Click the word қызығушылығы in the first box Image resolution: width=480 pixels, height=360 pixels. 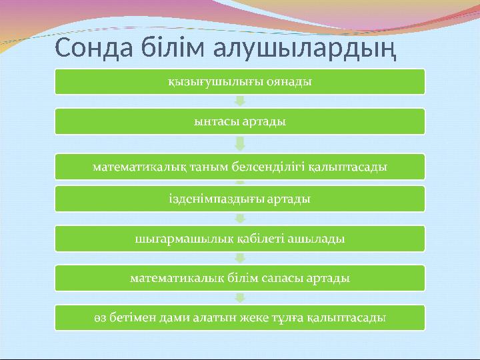(214, 82)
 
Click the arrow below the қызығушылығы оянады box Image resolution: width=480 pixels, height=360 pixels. (240, 102)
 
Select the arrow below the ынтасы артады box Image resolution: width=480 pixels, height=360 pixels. (240, 143)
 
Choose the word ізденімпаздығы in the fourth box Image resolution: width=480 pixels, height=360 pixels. (214, 198)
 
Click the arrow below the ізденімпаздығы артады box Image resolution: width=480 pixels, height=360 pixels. (240, 217)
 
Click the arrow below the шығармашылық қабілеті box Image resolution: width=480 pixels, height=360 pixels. (240, 257)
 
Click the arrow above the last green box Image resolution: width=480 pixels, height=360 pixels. (240, 297)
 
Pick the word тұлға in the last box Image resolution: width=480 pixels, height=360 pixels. (289, 317)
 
